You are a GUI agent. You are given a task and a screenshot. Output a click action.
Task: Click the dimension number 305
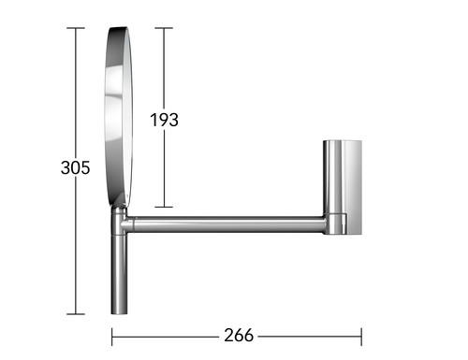click(x=75, y=167)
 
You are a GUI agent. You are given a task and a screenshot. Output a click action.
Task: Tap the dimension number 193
click(x=164, y=120)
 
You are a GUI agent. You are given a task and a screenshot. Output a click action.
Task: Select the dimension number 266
click(x=239, y=336)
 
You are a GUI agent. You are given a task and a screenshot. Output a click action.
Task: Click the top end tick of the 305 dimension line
click(x=76, y=28)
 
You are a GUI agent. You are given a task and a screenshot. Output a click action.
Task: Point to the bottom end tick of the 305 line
click(x=76, y=314)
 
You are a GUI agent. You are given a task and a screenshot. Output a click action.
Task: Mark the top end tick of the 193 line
click(x=164, y=28)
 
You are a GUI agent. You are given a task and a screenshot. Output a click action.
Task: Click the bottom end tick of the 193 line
click(x=164, y=207)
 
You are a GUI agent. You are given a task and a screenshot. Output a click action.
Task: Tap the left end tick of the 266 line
click(x=112, y=337)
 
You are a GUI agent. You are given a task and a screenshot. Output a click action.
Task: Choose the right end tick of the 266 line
click(x=361, y=337)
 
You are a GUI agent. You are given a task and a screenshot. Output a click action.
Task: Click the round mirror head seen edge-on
click(x=119, y=117)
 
